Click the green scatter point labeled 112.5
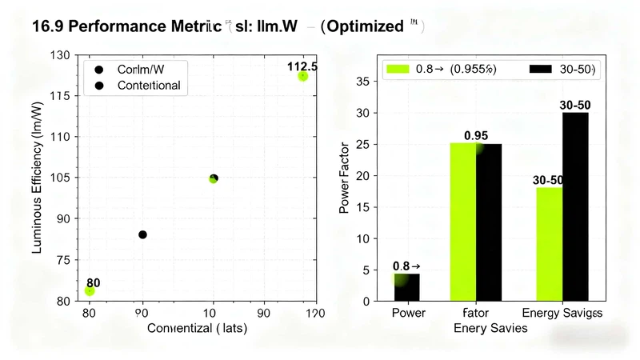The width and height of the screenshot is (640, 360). [302, 76]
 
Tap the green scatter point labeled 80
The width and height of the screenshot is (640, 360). [90, 290]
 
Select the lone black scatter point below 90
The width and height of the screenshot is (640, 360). [142, 234]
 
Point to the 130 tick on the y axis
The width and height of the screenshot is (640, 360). [61, 55]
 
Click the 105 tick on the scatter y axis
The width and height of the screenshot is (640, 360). [61, 177]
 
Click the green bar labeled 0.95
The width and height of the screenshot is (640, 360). [463, 222]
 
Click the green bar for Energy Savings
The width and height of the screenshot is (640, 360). [549, 244]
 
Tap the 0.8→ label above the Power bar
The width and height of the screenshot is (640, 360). [406, 266]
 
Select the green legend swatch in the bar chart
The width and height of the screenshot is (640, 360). [398, 69]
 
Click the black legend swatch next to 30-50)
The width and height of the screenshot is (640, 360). [542, 69]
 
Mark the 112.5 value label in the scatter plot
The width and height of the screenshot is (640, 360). [302, 66]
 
